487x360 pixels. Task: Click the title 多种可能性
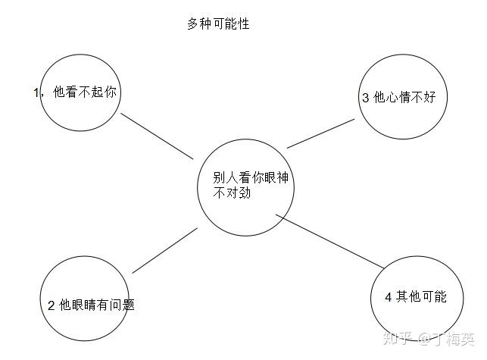pos(218,24)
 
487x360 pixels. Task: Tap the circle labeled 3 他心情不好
pos(399,97)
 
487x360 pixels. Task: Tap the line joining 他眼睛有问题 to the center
pos(165,250)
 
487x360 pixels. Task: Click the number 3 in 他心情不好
pos(366,98)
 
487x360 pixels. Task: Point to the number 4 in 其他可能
pos(389,297)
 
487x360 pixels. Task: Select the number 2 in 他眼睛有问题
pos(51,305)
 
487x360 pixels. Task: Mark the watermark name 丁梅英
pos(456,337)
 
